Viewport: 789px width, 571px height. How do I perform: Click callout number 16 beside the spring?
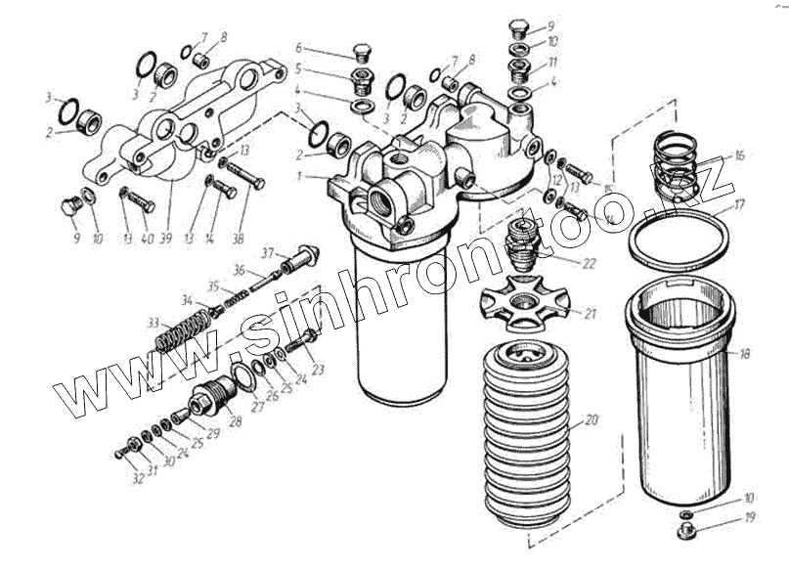(739, 154)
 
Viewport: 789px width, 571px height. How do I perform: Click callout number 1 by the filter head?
(307, 176)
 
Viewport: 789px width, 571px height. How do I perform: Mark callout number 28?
(235, 422)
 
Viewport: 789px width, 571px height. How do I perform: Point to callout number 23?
(318, 370)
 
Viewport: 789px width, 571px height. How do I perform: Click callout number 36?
(239, 270)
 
